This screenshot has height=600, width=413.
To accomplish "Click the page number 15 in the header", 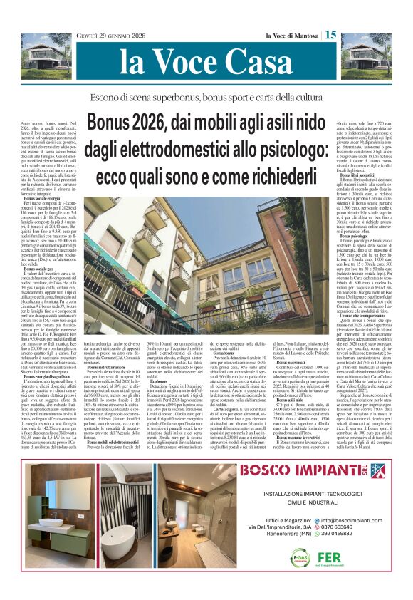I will pyautogui.click(x=331, y=34).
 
